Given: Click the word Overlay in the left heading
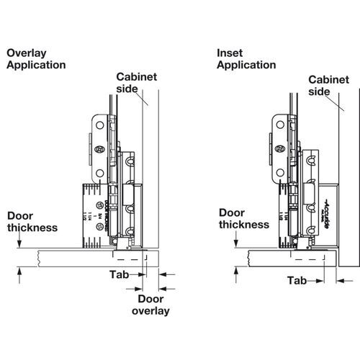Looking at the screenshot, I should point(26,53).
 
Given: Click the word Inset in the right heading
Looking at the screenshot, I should point(230,53).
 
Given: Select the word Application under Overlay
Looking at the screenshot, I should point(36,65).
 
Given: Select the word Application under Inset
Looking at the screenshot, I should point(247,65).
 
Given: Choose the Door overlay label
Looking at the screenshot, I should point(152,305).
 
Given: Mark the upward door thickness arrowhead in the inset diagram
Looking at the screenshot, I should point(237,269).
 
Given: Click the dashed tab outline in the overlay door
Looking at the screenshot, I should point(130,254).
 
